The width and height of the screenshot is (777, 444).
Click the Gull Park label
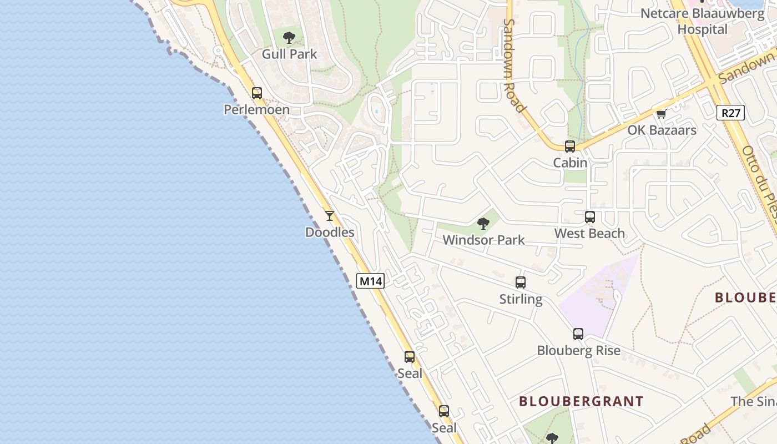coord(289,54)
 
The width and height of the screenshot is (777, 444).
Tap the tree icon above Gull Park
coord(289,38)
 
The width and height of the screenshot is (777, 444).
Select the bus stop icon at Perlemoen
coord(256,93)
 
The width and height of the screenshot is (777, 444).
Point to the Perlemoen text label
coord(256,109)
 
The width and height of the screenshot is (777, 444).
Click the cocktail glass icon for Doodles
coord(330,216)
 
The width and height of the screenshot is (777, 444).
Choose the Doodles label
coord(330,232)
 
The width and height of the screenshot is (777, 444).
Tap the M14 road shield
coord(370,281)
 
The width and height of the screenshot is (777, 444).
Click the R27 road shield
coord(730,113)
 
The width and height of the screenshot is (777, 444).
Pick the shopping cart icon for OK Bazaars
coord(661,114)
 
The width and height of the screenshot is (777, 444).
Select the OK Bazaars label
coord(662,130)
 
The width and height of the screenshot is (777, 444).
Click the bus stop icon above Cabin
coord(570,147)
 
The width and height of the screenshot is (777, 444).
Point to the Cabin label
coord(570,162)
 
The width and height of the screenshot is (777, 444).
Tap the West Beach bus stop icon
coord(589,217)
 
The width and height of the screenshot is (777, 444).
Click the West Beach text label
coord(589,233)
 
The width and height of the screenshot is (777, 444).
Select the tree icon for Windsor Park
coord(483,224)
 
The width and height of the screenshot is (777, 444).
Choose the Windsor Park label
coord(483,240)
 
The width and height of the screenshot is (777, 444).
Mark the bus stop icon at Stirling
coord(521,282)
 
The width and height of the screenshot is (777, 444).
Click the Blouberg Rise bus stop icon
coord(578,334)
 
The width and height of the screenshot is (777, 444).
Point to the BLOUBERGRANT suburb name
coord(581,401)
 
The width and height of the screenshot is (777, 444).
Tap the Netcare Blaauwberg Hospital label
coord(702,21)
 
